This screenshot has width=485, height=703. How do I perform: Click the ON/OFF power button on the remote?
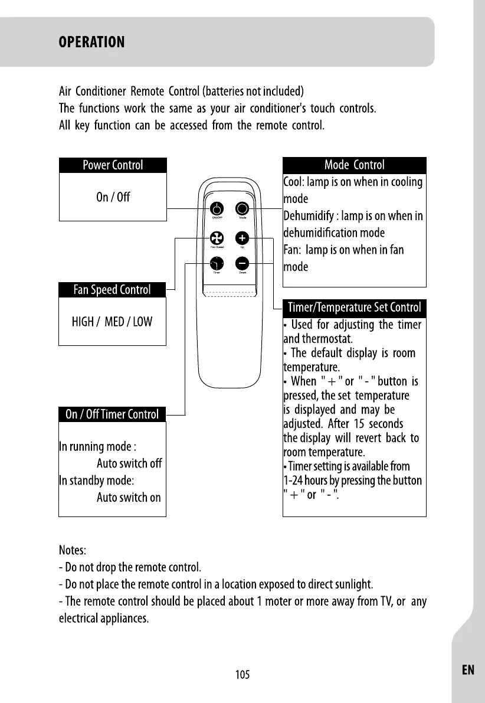[217, 209]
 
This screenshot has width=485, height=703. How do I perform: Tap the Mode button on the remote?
[242, 209]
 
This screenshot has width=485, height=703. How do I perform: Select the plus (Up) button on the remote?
[242, 238]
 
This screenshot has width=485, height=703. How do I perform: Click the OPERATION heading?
[91, 42]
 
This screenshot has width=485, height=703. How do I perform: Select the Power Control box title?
[113, 165]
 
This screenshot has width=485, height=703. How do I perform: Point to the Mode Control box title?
[354, 165]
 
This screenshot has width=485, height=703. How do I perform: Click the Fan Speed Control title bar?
[112, 290]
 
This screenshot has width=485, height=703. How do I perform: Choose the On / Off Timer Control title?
[112, 414]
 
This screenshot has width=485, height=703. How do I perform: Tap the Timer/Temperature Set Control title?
[354, 308]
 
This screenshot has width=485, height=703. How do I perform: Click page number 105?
[242, 675]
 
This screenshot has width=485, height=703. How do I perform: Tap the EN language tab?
[468, 669]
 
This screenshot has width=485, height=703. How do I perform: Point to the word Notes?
[73, 551]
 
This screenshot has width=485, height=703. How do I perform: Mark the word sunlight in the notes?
[353, 585]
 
